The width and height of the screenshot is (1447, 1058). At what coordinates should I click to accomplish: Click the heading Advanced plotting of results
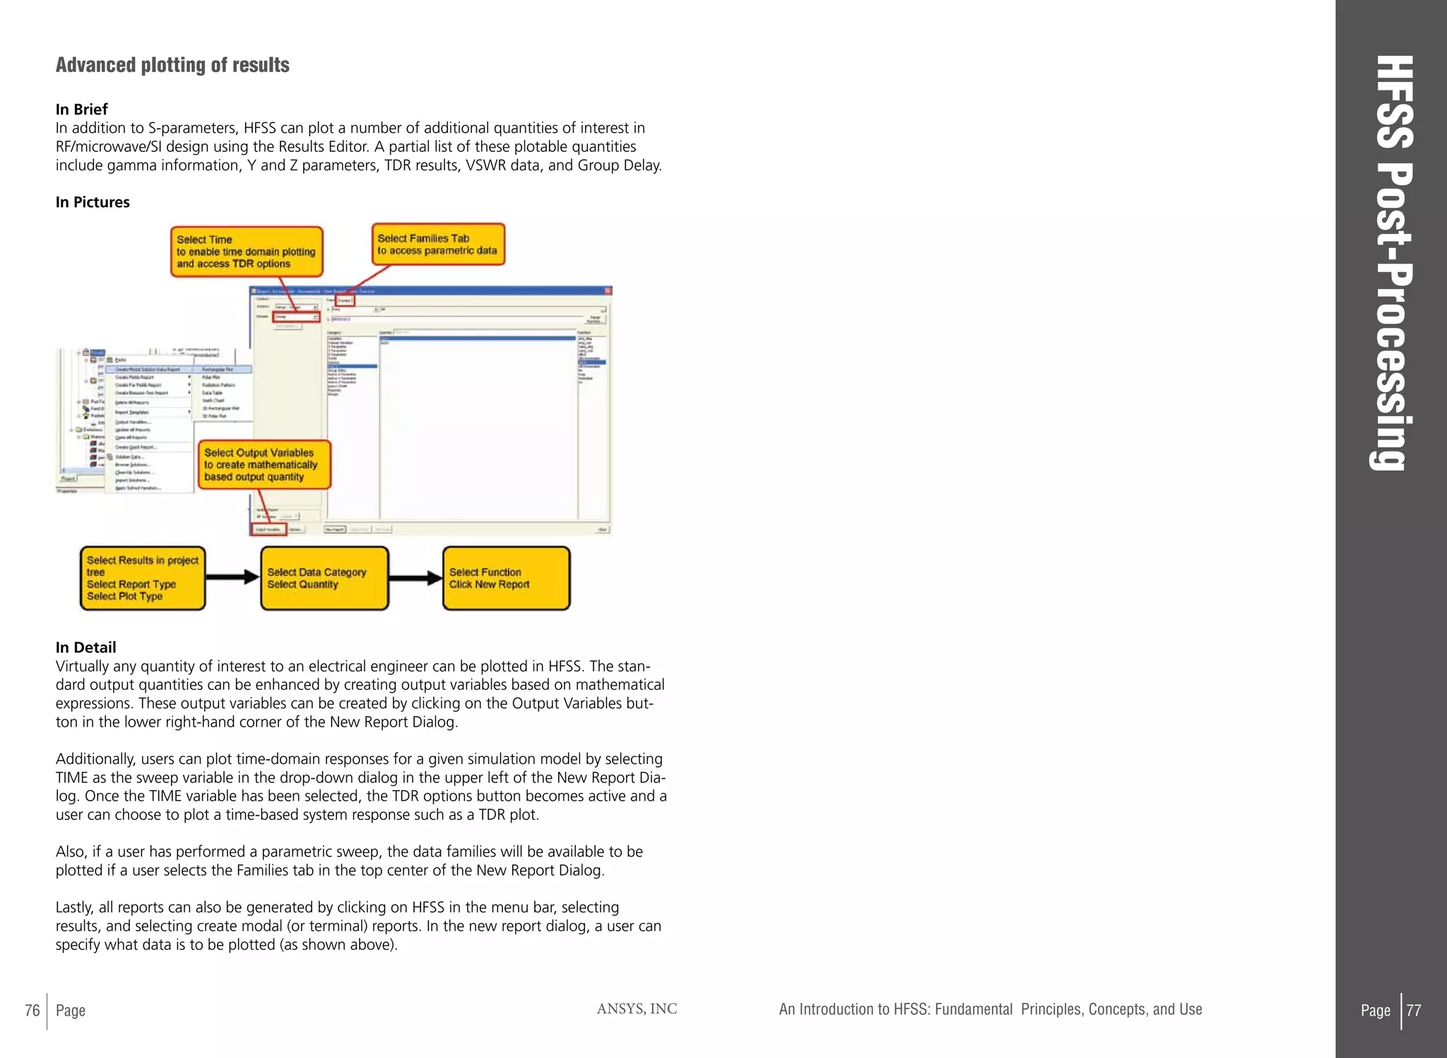[x=172, y=65]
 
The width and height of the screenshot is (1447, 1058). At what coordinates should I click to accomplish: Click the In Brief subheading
[x=82, y=110]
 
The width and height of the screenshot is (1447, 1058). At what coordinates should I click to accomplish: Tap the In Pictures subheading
[x=93, y=202]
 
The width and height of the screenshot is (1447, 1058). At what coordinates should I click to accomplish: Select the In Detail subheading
[x=85, y=647]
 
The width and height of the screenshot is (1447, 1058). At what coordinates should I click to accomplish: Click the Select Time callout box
[x=246, y=252]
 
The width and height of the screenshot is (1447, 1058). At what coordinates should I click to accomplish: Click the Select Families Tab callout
[x=438, y=245]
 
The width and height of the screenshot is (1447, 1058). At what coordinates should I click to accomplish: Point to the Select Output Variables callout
[x=264, y=465]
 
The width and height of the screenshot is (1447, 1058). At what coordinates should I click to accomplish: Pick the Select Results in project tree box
[x=143, y=578]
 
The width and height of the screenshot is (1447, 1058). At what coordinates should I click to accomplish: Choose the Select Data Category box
[x=324, y=578]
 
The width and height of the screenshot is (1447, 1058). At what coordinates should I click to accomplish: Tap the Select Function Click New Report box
[x=506, y=578]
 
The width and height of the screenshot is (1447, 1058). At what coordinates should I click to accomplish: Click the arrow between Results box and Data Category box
[x=232, y=577]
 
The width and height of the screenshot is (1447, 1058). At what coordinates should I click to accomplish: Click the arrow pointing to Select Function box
[x=415, y=578]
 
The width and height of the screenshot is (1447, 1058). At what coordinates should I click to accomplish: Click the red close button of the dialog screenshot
[x=608, y=290]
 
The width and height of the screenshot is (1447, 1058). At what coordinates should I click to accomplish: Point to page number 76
[x=33, y=1011]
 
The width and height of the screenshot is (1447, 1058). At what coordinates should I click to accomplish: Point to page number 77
[x=1414, y=1011]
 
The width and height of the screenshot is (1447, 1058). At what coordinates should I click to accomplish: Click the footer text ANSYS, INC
[x=637, y=1009]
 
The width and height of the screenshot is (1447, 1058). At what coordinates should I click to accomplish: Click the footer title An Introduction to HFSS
[x=990, y=1009]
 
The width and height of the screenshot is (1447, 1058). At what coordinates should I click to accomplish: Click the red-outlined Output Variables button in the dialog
[x=269, y=529]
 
